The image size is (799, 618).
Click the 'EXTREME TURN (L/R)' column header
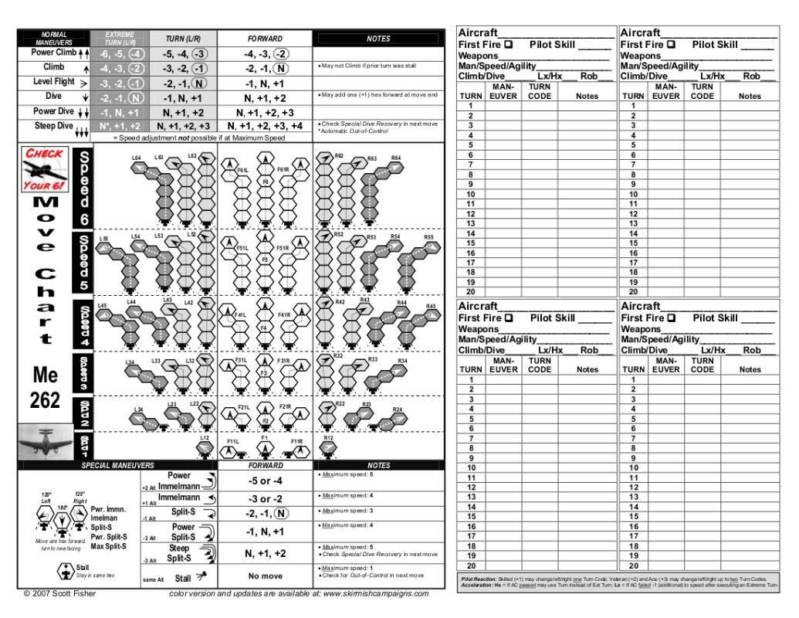(119, 39)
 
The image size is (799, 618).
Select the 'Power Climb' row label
(53, 53)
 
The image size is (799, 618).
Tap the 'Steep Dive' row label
(54, 126)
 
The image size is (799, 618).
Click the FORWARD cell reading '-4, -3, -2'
(266, 54)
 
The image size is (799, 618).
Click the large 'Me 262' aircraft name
(45, 388)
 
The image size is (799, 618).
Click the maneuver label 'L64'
(137, 158)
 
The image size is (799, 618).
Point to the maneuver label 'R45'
(431, 307)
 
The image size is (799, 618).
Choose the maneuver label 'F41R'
(283, 315)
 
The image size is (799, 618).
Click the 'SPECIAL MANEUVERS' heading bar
(117, 466)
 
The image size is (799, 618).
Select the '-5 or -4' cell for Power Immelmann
(265, 480)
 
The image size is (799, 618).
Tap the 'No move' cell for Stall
(265, 576)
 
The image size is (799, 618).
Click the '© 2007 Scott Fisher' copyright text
(60, 593)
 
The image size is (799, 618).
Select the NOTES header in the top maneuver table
(378, 39)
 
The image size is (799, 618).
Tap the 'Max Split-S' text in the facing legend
(109, 546)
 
